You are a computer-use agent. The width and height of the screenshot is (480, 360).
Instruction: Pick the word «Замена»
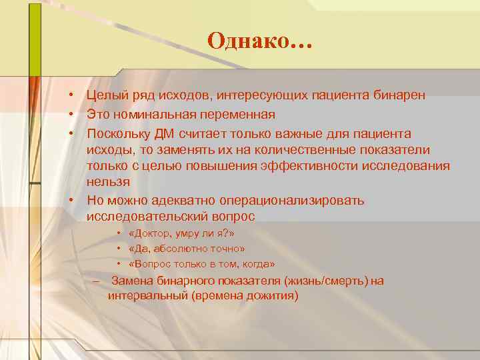tap(129, 281)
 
